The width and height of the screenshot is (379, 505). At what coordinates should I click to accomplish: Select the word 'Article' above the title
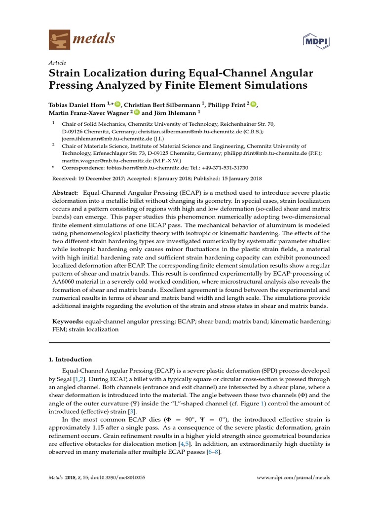[57, 64]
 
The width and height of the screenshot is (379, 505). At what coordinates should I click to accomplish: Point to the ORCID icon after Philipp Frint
[254, 104]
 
